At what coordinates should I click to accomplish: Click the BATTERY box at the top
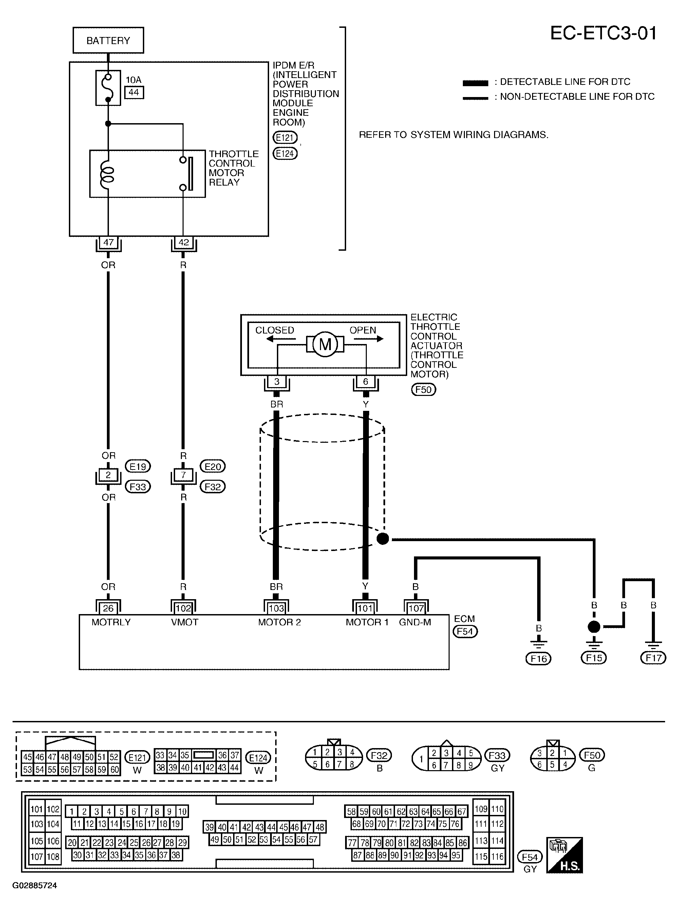pyautogui.click(x=108, y=40)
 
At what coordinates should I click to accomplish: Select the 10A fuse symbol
pyautogui.click(x=108, y=88)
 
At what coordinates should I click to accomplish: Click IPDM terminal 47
pyautogui.click(x=108, y=243)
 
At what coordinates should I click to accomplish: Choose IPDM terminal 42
pyautogui.click(x=183, y=243)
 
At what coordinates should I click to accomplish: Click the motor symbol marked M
pyautogui.click(x=325, y=344)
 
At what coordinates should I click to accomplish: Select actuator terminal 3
pyautogui.click(x=277, y=382)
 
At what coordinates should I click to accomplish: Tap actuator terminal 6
pyautogui.click(x=365, y=382)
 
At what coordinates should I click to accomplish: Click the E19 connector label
pyautogui.click(x=138, y=466)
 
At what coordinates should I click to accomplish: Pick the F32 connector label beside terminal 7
pyautogui.click(x=212, y=487)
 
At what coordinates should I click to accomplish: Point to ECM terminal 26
pyautogui.click(x=108, y=608)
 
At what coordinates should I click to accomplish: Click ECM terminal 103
pyautogui.click(x=276, y=608)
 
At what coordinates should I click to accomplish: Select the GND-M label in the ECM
pyautogui.click(x=415, y=622)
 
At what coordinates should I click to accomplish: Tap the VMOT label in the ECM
pyautogui.click(x=185, y=622)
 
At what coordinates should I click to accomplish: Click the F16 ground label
pyautogui.click(x=539, y=659)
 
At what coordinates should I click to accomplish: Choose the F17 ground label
pyautogui.click(x=653, y=658)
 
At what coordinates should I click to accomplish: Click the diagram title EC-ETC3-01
pyautogui.click(x=603, y=33)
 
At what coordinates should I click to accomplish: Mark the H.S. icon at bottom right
pyautogui.click(x=564, y=855)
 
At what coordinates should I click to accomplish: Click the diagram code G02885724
pyautogui.click(x=35, y=886)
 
